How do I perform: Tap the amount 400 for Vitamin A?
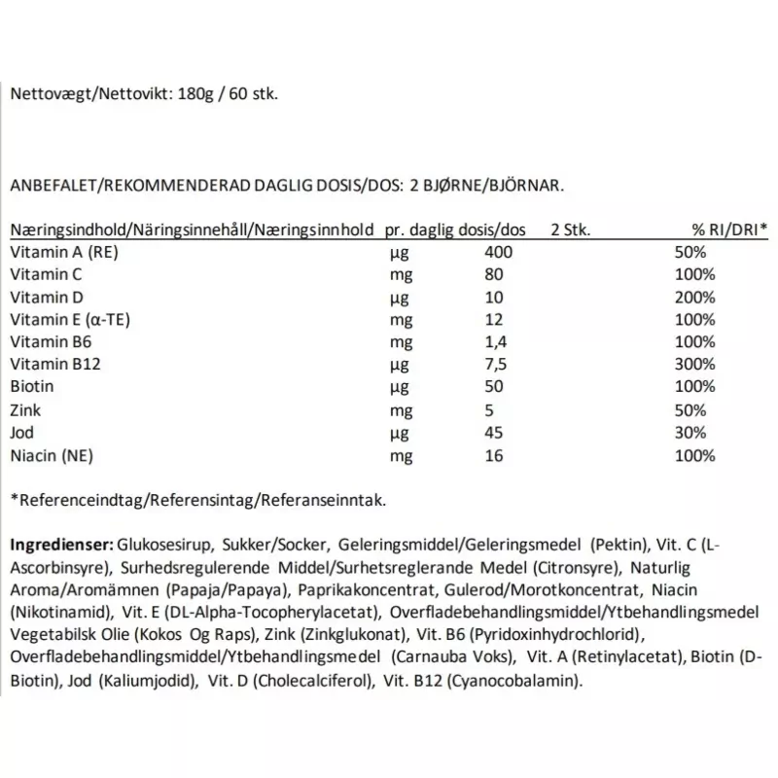pyautogui.click(x=498, y=252)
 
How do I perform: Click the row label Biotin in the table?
pyautogui.click(x=30, y=386)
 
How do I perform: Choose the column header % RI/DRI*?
pyautogui.click(x=729, y=230)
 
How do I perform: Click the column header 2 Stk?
pyautogui.click(x=570, y=230)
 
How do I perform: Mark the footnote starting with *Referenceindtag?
pyautogui.click(x=197, y=500)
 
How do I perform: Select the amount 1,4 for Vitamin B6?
pyautogui.click(x=495, y=341)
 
